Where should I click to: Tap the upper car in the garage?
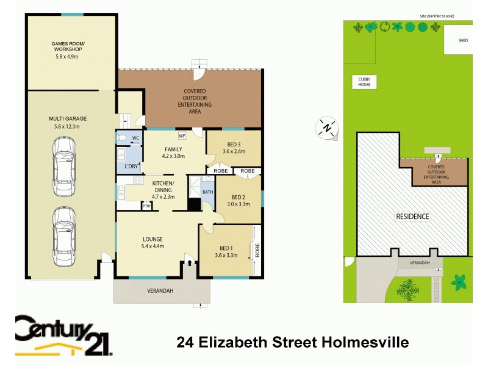(64, 165)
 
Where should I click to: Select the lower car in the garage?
(64, 237)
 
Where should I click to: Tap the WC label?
(135, 138)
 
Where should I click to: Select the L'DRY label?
(131, 166)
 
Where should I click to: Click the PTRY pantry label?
(146, 206)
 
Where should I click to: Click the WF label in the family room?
(182, 136)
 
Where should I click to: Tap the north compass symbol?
(328, 127)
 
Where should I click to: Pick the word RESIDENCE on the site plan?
(413, 217)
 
